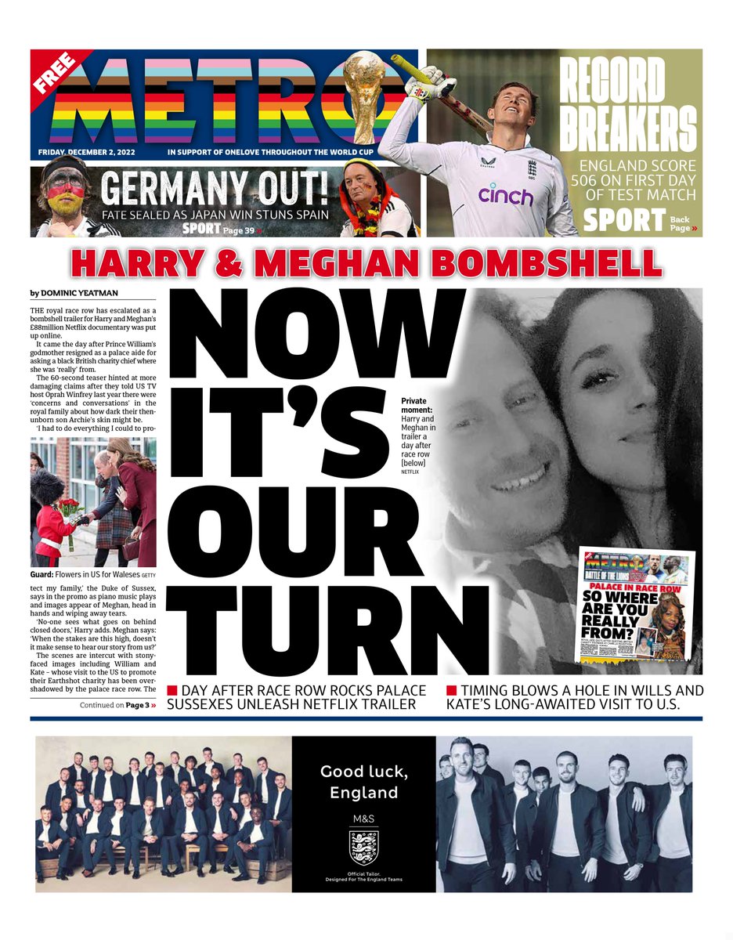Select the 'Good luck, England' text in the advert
click(363, 782)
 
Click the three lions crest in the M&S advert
click(363, 848)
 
